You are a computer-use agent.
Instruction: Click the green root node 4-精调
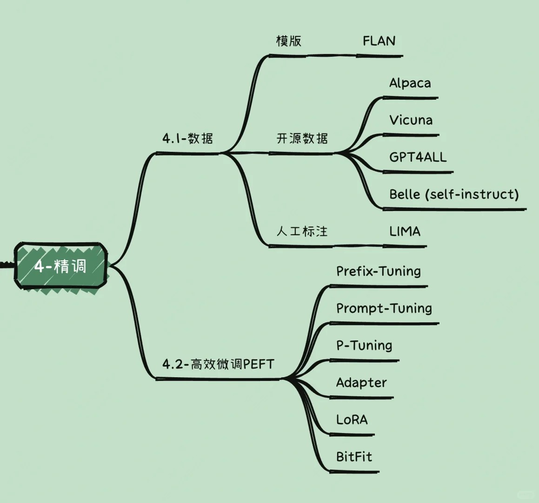click(60, 266)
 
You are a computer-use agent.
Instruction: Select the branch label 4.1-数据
click(187, 138)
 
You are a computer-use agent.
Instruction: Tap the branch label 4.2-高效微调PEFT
click(218, 364)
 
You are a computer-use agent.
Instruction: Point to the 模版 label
click(289, 41)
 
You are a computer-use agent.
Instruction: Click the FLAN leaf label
click(379, 41)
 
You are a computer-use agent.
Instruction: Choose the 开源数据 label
click(302, 138)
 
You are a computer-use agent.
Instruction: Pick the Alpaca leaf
click(410, 83)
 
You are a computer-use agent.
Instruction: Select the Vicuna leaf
click(411, 120)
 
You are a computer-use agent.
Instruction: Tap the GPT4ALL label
click(418, 157)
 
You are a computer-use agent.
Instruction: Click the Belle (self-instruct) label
click(453, 194)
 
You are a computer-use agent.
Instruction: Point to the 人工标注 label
click(302, 231)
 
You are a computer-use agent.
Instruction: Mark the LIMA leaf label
click(405, 231)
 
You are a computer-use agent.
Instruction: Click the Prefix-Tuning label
click(379, 271)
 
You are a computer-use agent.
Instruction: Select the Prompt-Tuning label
click(384, 308)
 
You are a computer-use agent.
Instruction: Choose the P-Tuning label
click(364, 346)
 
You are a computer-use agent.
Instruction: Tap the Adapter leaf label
click(361, 383)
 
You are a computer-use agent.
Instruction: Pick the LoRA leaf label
click(352, 420)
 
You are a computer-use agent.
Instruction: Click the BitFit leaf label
click(354, 457)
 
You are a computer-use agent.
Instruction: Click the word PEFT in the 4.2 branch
click(259, 364)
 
